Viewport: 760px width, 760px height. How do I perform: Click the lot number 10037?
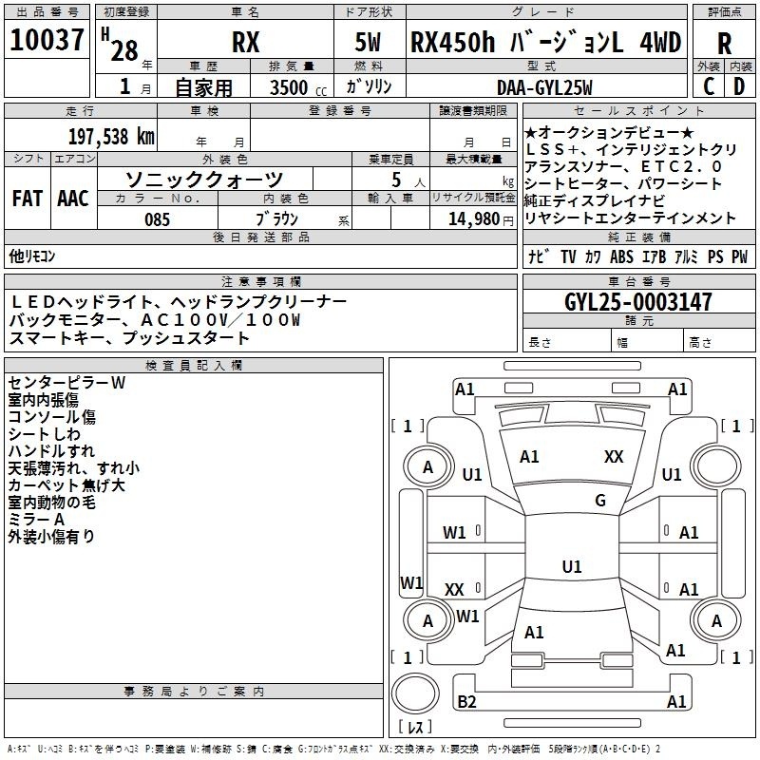point(47,40)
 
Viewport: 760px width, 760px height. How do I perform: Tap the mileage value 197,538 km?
point(111,137)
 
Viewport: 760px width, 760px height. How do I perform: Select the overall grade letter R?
point(724,44)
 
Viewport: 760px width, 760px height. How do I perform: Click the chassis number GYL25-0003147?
point(638,302)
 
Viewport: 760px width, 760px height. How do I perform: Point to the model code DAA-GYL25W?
point(544,87)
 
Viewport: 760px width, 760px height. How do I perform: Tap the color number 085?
point(158,219)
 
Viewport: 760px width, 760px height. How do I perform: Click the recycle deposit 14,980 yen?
point(481,219)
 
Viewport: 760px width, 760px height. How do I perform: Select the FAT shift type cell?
point(28,199)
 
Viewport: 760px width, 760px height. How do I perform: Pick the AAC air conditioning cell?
point(73,199)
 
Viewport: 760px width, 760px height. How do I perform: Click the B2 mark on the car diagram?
point(466,702)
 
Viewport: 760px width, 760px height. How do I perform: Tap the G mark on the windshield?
point(600,501)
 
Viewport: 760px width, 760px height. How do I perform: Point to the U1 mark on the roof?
point(572,566)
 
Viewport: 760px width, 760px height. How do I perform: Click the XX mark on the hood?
point(614,457)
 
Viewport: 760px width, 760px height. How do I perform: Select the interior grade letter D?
point(739,86)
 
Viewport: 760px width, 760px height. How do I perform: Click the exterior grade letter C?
point(709,86)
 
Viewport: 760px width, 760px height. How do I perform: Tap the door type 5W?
point(368,43)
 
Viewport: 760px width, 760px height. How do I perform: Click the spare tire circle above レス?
point(415,693)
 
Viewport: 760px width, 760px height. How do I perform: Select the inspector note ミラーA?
point(36,520)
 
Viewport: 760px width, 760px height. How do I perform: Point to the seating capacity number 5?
point(396,180)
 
